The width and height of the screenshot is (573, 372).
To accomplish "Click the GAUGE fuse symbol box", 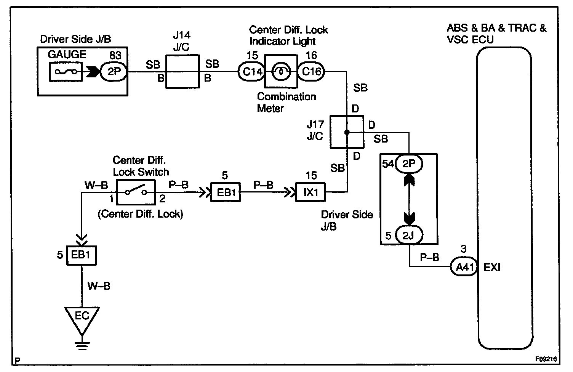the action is tap(66, 72).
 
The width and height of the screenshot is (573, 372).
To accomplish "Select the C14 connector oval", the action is tap(251, 72).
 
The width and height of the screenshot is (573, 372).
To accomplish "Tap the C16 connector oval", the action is tap(311, 72).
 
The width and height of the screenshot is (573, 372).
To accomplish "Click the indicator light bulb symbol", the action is tap(281, 72).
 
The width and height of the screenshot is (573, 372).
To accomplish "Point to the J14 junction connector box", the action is tap(182, 71).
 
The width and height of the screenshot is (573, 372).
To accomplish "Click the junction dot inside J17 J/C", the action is tap(347, 132).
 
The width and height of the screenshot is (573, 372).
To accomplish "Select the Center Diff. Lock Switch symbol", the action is tap(136, 192).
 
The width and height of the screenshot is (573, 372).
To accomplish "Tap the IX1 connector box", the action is tap(310, 192).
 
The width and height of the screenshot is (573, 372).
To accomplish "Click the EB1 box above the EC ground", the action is tap(82, 255).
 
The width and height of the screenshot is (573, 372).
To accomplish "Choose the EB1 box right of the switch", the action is tap(226, 192).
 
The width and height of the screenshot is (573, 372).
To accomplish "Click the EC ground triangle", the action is tap(82, 320).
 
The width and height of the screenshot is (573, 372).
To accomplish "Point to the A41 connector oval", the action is tap(464, 267).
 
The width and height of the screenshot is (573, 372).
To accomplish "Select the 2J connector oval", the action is tap(409, 235).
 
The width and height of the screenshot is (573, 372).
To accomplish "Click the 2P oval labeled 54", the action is tap(409, 164).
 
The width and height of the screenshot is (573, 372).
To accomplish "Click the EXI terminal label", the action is tap(491, 267).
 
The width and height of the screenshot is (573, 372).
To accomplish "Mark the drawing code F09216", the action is tap(546, 359).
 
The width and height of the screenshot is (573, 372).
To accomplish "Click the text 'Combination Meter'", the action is tap(286, 103).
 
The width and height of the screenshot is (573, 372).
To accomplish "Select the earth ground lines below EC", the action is tap(82, 345).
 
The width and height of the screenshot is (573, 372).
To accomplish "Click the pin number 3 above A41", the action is tap(464, 249).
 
